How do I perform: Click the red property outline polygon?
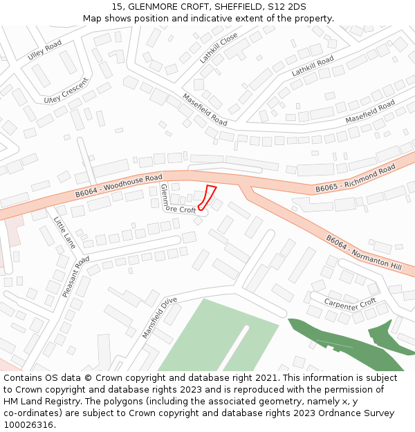(x=207, y=196)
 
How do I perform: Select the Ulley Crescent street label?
(x=66, y=90)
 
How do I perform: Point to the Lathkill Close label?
(x=219, y=48)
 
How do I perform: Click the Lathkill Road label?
(x=313, y=66)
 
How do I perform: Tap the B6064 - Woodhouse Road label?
(x=118, y=186)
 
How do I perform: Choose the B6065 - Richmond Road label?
(x=355, y=179)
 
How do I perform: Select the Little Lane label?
(x=64, y=232)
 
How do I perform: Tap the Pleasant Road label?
(x=76, y=276)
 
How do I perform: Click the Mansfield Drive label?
(x=160, y=317)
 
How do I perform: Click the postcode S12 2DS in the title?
(x=287, y=6)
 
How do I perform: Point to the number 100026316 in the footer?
(x=29, y=424)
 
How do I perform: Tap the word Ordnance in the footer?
(x=337, y=413)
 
